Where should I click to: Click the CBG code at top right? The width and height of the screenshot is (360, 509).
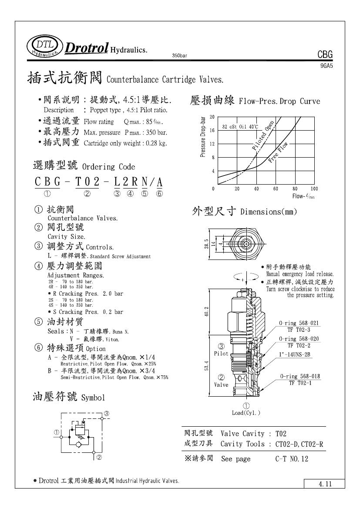325,54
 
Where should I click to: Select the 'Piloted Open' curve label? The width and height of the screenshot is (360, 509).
263,135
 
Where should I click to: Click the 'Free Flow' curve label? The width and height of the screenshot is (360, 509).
279,152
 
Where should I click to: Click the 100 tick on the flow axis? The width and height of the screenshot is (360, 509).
314,189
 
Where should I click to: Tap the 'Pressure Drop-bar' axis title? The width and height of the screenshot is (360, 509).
203,137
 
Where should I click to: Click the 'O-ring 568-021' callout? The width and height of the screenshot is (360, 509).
299,323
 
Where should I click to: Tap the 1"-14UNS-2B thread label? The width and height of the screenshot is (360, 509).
295,354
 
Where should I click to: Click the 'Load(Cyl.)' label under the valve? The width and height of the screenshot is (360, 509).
246,413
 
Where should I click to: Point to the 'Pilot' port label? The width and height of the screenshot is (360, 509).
221,354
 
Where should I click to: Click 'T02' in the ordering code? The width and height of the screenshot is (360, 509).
88,182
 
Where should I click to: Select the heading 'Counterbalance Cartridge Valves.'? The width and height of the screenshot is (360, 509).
165,80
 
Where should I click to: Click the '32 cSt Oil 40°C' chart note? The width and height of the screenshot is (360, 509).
240,127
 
